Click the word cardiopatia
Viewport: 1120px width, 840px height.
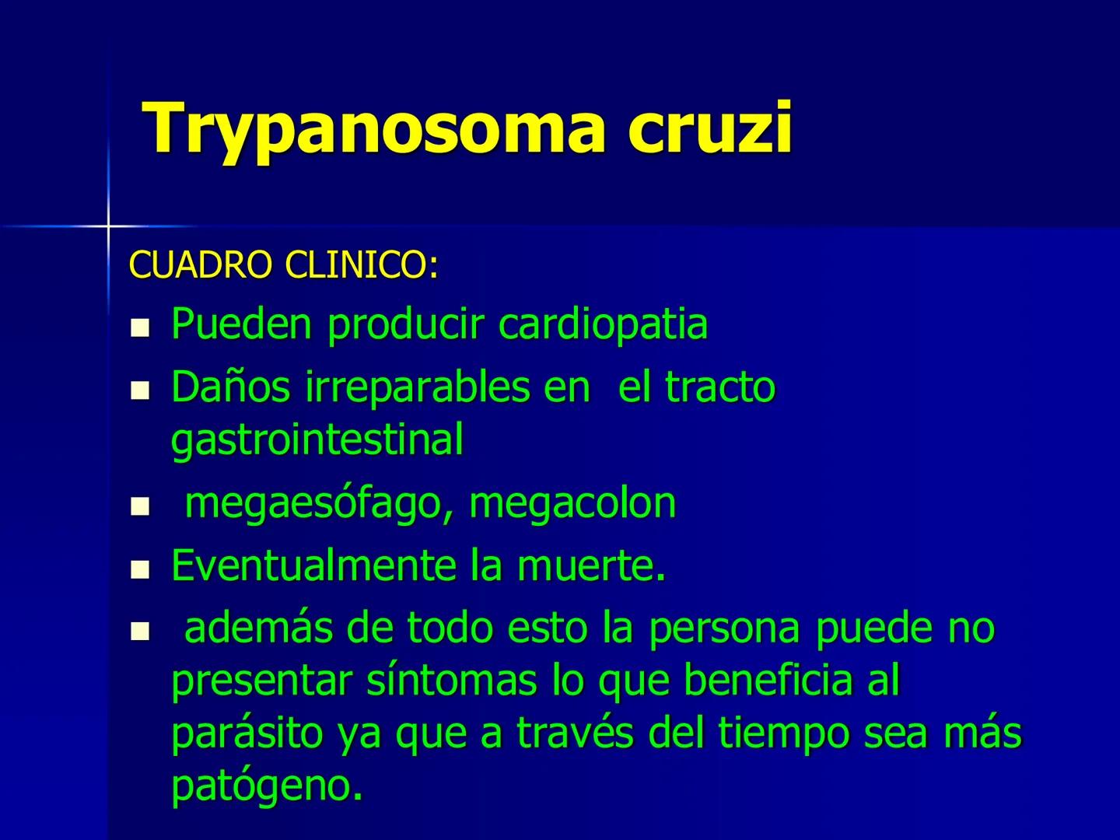[603, 324]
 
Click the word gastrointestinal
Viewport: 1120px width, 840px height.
[317, 439]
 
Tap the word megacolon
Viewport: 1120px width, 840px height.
[572, 503]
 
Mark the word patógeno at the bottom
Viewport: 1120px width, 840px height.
[266, 786]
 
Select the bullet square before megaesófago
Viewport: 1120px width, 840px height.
[140, 509]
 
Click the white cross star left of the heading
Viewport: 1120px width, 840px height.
[108, 226]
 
